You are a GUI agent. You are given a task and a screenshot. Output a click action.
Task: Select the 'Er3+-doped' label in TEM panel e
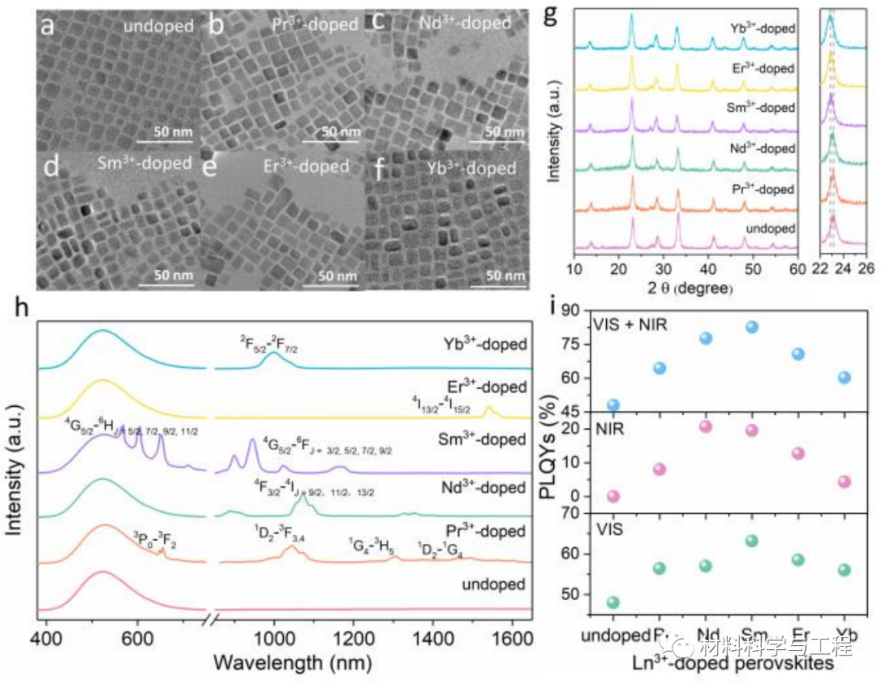[302, 166]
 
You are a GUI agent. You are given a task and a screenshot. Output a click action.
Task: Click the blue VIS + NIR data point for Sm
[752, 327]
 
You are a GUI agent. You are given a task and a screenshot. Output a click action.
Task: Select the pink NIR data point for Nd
[706, 426]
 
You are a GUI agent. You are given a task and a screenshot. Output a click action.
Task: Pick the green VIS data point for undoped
[613, 603]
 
